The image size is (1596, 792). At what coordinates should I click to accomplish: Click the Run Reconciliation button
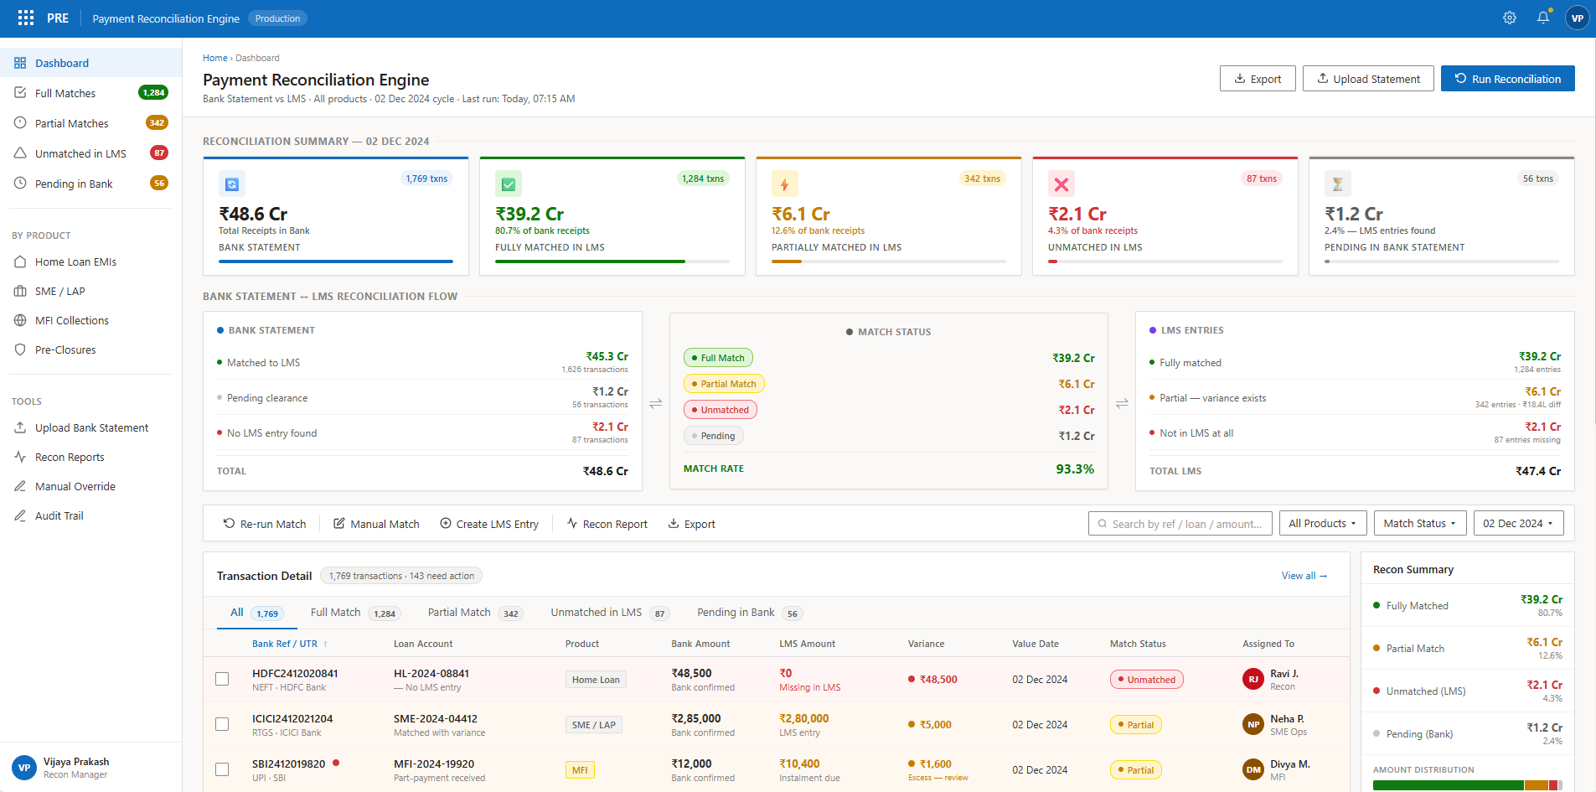(1507, 79)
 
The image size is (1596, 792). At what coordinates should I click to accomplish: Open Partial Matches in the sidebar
(72, 123)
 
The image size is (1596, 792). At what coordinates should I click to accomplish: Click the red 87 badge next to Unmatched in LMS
(158, 153)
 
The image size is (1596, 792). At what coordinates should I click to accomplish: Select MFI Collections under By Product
(71, 320)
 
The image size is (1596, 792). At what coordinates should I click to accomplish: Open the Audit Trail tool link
(59, 515)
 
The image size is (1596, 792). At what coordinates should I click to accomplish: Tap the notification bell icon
(1542, 18)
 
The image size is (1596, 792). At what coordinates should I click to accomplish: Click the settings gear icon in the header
(1509, 18)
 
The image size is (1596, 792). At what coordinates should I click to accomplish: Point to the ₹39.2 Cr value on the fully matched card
(529, 214)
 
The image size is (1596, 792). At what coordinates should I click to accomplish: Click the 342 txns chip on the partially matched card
(981, 179)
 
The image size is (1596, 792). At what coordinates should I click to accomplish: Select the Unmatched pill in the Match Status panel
(720, 410)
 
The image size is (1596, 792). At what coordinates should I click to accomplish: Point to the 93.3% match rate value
(1074, 468)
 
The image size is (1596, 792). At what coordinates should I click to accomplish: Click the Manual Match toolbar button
(376, 524)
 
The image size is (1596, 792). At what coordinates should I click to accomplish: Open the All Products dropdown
(1322, 523)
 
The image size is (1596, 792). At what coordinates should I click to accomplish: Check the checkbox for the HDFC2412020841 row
(222, 679)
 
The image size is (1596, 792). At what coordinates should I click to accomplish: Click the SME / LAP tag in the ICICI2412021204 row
(593, 725)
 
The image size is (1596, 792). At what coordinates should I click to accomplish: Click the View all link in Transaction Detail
(1304, 576)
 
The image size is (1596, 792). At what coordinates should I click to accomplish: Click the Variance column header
(926, 644)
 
